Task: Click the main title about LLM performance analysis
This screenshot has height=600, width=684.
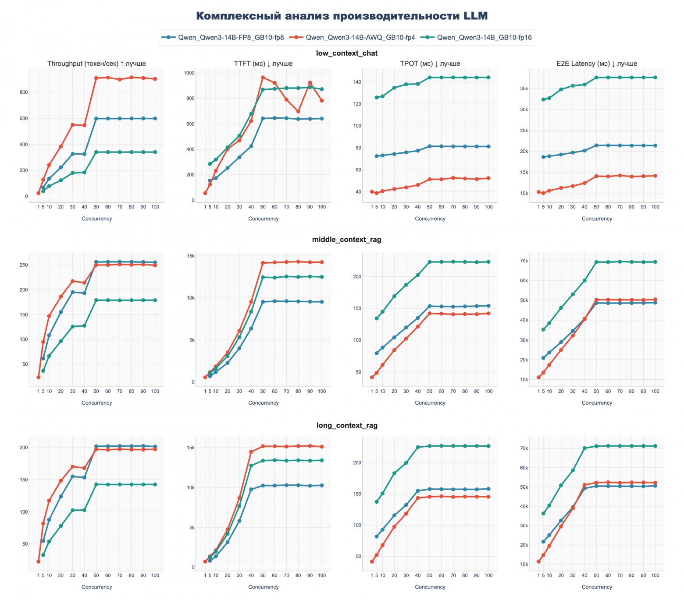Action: [342, 16]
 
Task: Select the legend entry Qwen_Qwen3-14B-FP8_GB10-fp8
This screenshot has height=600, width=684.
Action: [231, 38]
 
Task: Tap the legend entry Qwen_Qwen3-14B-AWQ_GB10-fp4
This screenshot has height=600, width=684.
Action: [360, 38]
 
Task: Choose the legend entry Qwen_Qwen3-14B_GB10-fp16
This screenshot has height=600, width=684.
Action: [484, 38]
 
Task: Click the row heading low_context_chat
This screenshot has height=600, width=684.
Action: [346, 53]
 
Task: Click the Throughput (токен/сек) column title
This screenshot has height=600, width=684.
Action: [96, 64]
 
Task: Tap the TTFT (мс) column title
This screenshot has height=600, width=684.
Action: [263, 64]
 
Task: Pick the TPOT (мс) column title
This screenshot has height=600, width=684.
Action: [430, 64]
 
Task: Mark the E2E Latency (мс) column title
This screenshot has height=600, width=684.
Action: [596, 64]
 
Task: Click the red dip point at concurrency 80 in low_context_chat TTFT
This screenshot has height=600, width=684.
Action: [298, 111]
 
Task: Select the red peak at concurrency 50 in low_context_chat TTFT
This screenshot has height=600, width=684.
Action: [263, 78]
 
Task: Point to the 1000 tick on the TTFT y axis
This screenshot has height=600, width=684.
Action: [190, 73]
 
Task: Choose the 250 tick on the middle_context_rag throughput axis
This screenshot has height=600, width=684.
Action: [23, 265]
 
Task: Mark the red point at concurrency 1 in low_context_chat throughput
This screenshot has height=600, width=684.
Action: [39, 193]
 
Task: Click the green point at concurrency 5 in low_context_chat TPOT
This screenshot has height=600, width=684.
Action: [376, 98]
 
